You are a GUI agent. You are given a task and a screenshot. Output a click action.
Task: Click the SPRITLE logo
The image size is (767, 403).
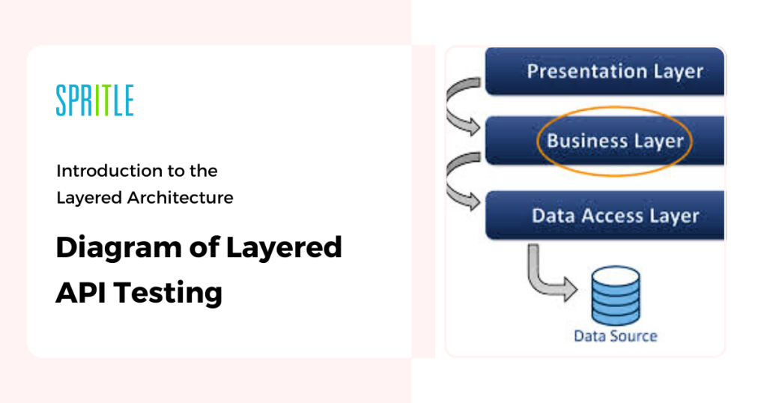point(95,100)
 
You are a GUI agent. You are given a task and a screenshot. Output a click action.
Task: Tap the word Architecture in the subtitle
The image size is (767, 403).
point(180,198)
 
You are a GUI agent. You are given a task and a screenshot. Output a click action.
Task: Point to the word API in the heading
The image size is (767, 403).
point(81,292)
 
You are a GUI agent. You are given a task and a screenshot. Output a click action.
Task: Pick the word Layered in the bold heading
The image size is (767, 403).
point(284,247)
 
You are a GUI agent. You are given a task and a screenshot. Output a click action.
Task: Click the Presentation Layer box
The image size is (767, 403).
point(604,71)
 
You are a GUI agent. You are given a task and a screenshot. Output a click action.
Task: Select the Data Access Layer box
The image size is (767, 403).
point(604,215)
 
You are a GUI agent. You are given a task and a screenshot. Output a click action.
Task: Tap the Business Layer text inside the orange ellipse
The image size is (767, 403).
point(615,141)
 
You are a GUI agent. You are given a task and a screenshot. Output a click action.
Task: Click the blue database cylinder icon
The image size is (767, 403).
point(616,295)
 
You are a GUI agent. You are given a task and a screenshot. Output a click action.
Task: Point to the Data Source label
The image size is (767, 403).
point(616,336)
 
